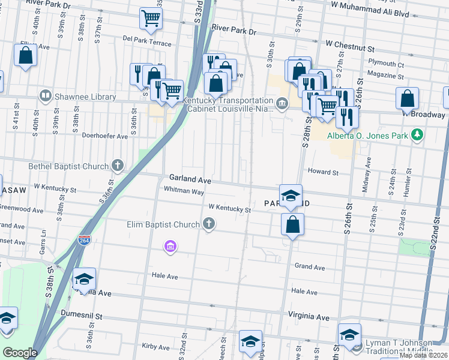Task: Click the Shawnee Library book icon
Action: [x=45, y=96]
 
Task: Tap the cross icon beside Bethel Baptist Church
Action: [x=118, y=166]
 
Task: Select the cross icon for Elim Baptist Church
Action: [x=209, y=224]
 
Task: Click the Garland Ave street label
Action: [x=190, y=179]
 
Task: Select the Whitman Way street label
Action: [x=184, y=190]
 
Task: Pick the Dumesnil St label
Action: [x=82, y=314]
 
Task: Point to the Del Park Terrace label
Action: [x=146, y=44]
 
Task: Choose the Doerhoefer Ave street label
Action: [x=105, y=136]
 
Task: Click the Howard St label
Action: [x=323, y=172]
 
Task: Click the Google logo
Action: [x=20, y=353]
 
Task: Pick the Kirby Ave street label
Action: [x=156, y=347]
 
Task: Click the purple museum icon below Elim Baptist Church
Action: [x=170, y=246]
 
